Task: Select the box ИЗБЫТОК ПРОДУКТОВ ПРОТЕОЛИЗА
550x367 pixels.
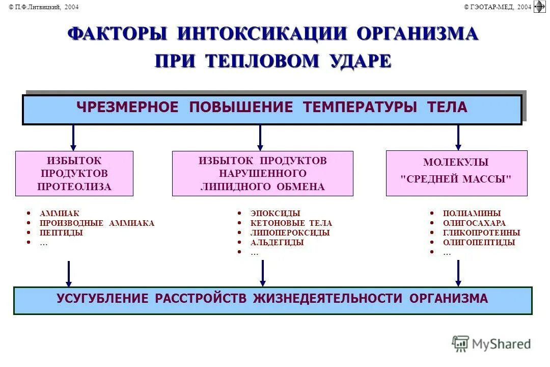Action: click(x=74, y=174)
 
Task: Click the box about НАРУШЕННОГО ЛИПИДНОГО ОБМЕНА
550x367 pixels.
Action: click(x=262, y=174)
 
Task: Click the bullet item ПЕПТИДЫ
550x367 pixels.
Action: click(x=61, y=233)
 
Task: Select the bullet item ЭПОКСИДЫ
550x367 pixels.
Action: click(x=275, y=214)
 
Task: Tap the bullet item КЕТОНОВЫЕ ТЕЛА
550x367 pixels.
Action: click(x=291, y=223)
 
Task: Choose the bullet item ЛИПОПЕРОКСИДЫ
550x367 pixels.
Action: click(x=290, y=233)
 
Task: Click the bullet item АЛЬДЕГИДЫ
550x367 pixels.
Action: click(x=277, y=243)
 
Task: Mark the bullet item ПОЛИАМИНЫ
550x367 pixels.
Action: click(x=472, y=214)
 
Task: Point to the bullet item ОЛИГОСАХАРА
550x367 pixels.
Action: click(x=474, y=223)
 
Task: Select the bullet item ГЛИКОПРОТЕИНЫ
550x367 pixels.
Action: click(x=481, y=233)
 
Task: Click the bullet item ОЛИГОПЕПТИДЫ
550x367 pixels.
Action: click(x=479, y=243)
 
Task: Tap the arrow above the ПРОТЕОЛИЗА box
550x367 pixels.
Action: click(x=73, y=138)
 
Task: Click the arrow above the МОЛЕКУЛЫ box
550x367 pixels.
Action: click(x=458, y=138)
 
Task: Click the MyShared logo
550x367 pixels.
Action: click(x=491, y=344)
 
